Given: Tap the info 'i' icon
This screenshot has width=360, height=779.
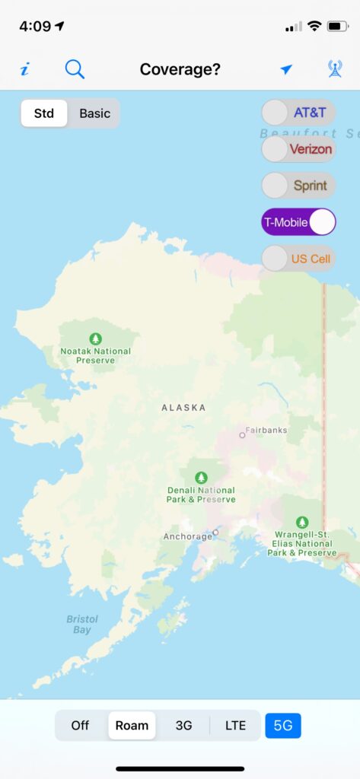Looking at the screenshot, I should click(x=24, y=70).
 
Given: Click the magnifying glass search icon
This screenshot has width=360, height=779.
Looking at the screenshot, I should click(x=75, y=69).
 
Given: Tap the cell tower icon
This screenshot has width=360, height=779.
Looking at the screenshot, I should click(x=334, y=69).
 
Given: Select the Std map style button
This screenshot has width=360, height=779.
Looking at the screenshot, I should click(x=44, y=113).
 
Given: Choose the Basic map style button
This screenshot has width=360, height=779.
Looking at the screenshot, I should click(x=95, y=113).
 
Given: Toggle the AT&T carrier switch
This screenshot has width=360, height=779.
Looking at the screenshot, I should click(x=298, y=113).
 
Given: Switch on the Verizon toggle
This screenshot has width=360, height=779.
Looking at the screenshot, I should click(x=298, y=149).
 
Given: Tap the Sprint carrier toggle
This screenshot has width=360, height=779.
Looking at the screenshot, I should click(x=298, y=185).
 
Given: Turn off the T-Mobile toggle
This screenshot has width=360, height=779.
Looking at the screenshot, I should click(x=298, y=222).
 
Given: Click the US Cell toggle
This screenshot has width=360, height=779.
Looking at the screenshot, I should click(x=298, y=259).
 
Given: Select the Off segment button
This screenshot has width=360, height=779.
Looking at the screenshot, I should click(x=80, y=725).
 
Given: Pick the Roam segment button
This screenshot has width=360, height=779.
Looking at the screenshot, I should click(x=132, y=725).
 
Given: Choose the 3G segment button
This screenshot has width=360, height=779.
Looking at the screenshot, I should click(x=184, y=725).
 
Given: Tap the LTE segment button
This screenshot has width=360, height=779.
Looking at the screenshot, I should click(x=235, y=725).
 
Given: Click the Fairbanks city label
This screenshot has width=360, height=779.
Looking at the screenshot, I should click(x=266, y=430).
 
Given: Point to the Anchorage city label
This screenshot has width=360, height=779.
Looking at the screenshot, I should click(x=188, y=536).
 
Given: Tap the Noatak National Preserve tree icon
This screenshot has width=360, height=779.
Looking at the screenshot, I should click(x=95, y=338).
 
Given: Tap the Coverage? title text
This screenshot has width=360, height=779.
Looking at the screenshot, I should click(x=180, y=69).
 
